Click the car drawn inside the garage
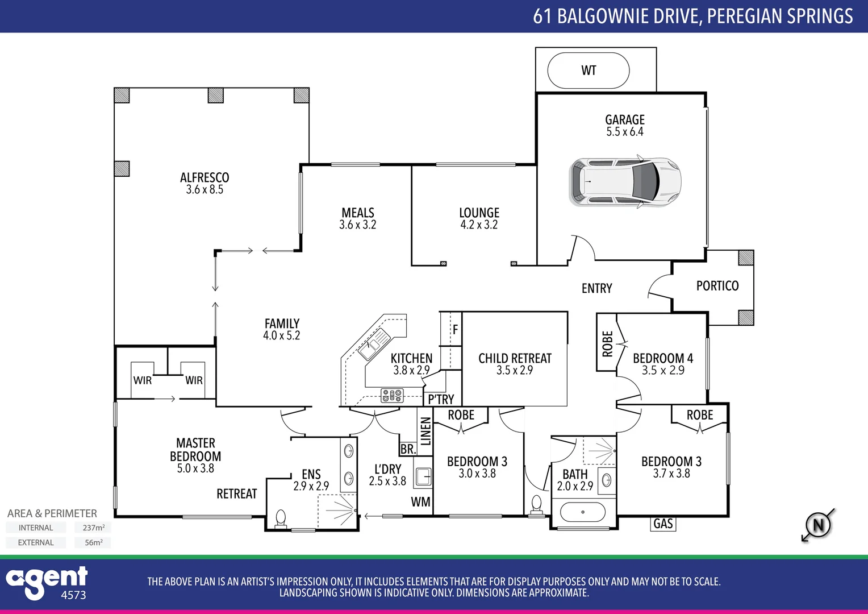625,182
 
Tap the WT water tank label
589,70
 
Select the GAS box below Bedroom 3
663,524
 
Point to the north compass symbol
818,525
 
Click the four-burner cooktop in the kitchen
391,395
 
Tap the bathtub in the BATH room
583,512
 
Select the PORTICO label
717,286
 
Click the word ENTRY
596,289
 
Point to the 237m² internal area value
93,528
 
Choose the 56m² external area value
93,542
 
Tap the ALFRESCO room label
205,177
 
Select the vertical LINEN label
425,430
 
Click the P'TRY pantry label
441,399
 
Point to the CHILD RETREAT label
515,358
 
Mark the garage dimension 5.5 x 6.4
624,132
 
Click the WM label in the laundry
420,502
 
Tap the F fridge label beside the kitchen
455,330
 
